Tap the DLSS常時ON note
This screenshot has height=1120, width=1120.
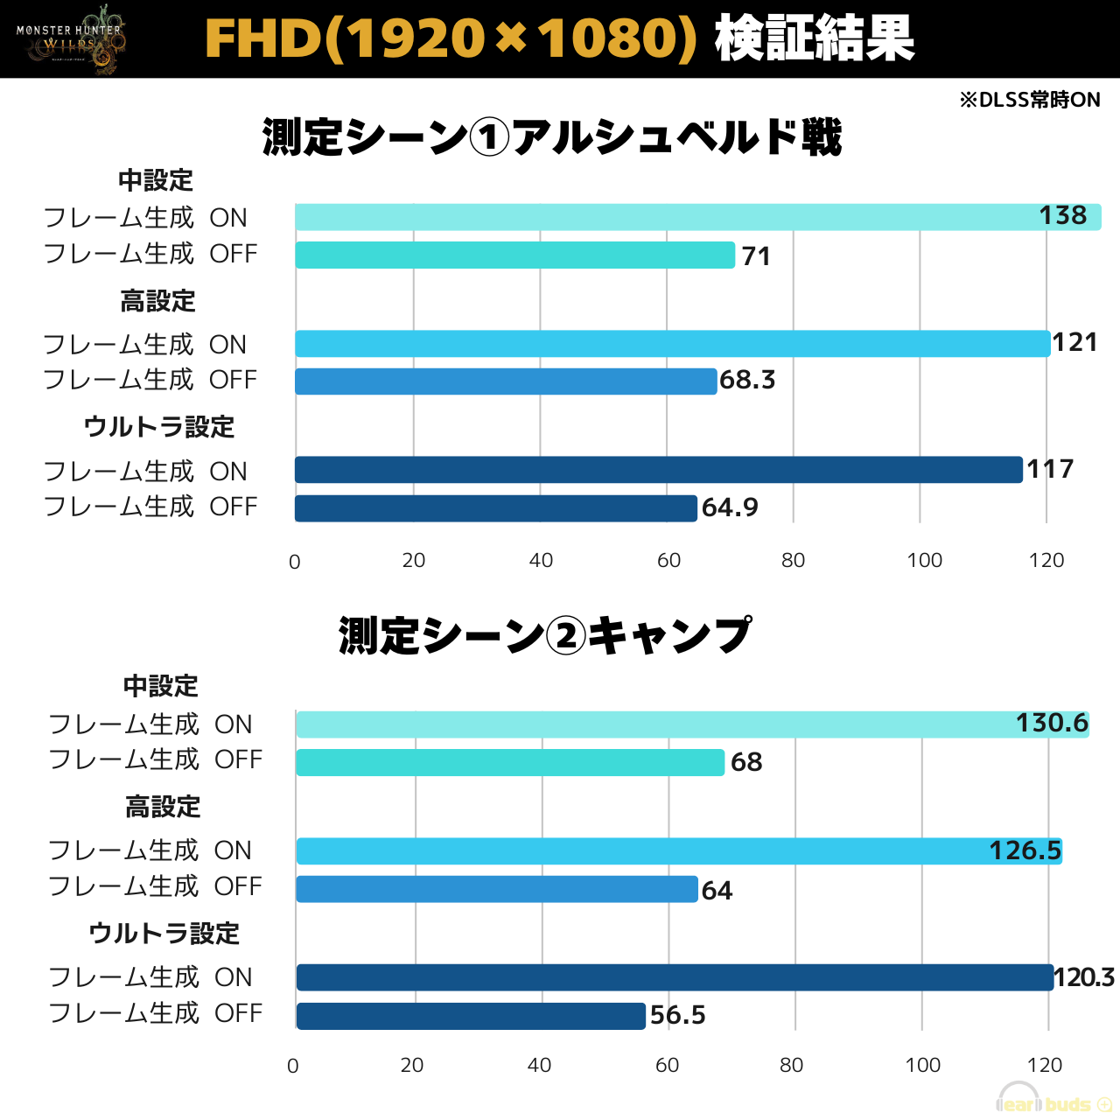[x=1029, y=100]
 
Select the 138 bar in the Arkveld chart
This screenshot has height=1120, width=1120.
[x=697, y=217]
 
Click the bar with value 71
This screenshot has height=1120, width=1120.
[x=514, y=255]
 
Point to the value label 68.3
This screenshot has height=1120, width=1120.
[x=747, y=380]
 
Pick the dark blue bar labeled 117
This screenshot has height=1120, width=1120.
[x=658, y=470]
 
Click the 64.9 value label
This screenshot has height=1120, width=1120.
[x=730, y=507]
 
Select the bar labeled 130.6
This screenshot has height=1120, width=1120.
[x=692, y=724]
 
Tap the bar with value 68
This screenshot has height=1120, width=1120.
[x=510, y=763]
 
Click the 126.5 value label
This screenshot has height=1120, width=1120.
[x=1025, y=850]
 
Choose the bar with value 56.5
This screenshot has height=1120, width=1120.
[x=471, y=1016]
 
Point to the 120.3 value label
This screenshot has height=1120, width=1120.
[x=1084, y=977]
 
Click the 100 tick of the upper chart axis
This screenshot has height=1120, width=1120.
[x=924, y=561]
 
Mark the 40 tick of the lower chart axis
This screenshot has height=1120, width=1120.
[x=539, y=1066]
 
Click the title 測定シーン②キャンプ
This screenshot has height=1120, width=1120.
[x=544, y=636]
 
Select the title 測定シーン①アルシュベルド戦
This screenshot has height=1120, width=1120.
[x=552, y=137]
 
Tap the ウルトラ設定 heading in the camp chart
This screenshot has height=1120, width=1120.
[x=164, y=934]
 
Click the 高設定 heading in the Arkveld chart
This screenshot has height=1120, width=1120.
[x=157, y=302]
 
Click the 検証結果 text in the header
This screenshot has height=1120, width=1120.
[x=814, y=39]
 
